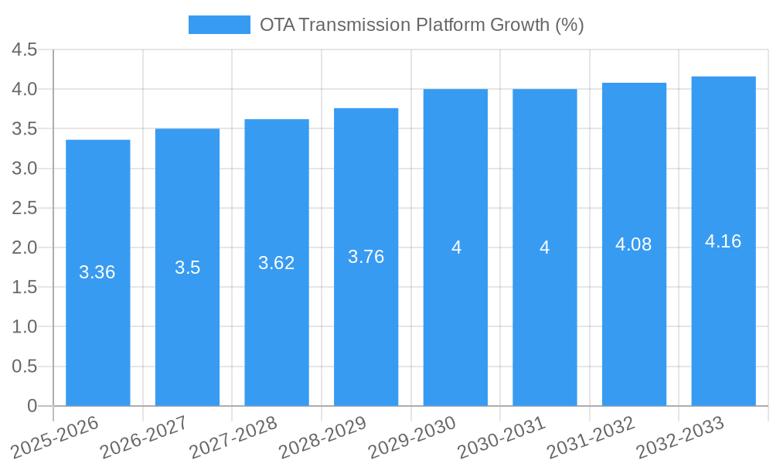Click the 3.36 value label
[97, 272]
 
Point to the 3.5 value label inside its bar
[187, 268]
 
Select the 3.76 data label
[366, 257]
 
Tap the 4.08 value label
[634, 244]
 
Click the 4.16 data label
[724, 241]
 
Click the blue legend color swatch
[220, 25]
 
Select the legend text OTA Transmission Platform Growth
[421, 25]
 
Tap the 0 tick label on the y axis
[32, 406]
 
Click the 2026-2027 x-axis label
[144, 437]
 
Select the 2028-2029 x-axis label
[322, 437]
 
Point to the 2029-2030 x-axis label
[412, 437]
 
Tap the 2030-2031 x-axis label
[502, 437]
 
